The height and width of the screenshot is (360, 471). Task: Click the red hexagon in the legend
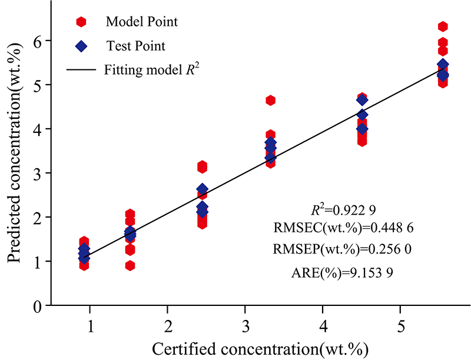(81, 22)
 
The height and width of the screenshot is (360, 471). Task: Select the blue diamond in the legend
(81, 45)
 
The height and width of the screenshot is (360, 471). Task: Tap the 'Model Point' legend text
(142, 22)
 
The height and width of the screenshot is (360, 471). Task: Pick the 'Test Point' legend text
(136, 45)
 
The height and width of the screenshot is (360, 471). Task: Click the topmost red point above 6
(443, 26)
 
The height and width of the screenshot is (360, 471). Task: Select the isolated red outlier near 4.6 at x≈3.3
(270, 101)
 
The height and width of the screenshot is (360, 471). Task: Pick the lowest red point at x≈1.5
(130, 265)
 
